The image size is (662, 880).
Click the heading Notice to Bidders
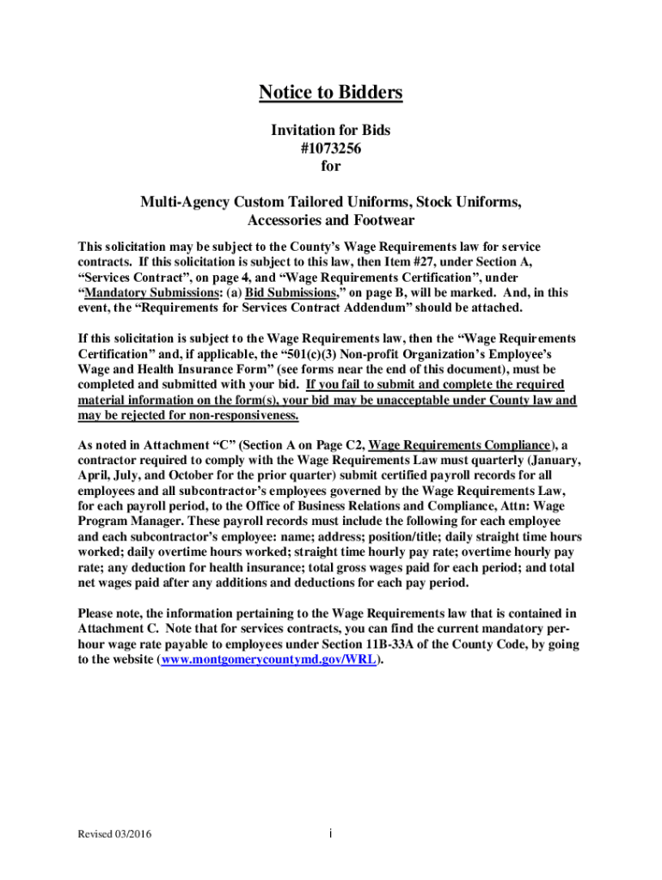[331, 92]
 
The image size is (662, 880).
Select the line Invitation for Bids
[331, 130]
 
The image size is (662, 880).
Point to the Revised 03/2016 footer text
[109, 834]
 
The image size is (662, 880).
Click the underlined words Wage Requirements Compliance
[459, 445]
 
